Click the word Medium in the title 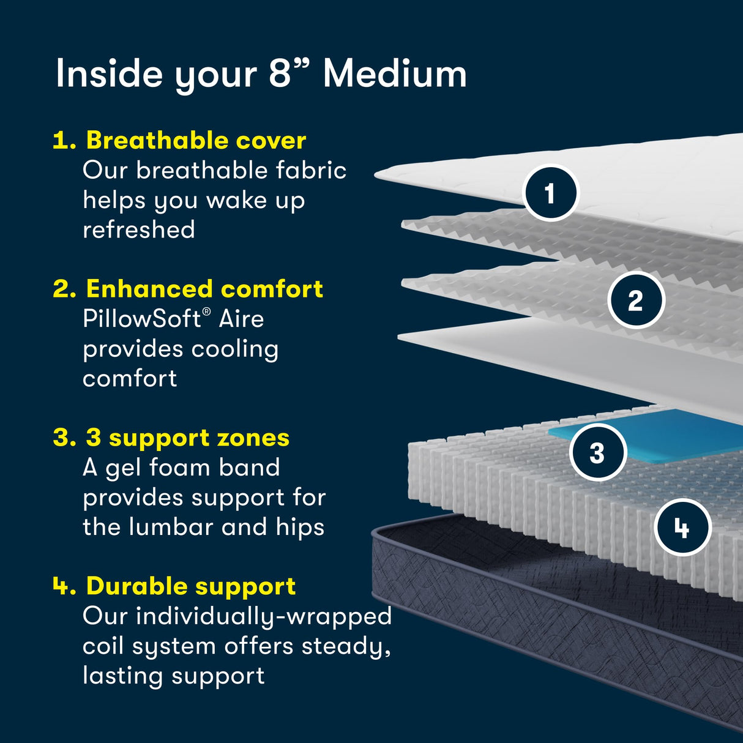(x=395, y=74)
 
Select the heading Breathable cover (x=196, y=140)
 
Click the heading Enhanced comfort (x=204, y=288)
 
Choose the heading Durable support (x=191, y=586)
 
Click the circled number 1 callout (x=550, y=193)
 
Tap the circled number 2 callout (x=635, y=301)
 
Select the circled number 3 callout (x=597, y=453)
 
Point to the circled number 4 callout (x=682, y=528)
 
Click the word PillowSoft (x=142, y=319)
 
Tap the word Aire (x=241, y=319)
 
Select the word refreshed (x=139, y=230)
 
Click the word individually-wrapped (x=263, y=616)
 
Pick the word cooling (x=234, y=349)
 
